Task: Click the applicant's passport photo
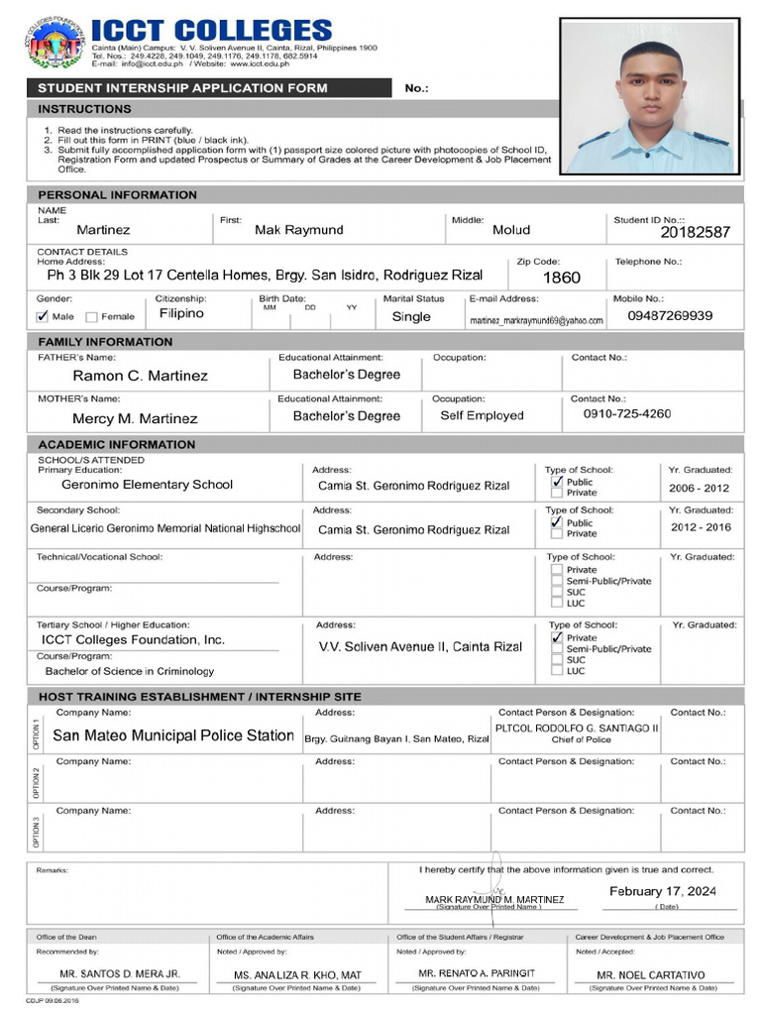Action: pyautogui.click(x=650, y=96)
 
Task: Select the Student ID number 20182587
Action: pyautogui.click(x=695, y=232)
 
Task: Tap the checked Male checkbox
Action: pyautogui.click(x=42, y=317)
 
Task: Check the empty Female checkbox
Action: pyautogui.click(x=91, y=317)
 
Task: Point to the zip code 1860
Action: pyautogui.click(x=562, y=278)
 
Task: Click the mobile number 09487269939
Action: pyautogui.click(x=670, y=315)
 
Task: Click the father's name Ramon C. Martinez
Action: pyautogui.click(x=140, y=376)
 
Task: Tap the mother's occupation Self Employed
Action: pyautogui.click(x=482, y=415)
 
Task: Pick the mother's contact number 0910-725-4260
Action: pyautogui.click(x=627, y=413)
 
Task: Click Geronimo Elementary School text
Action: pyautogui.click(x=147, y=485)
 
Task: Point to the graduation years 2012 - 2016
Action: pyautogui.click(x=701, y=527)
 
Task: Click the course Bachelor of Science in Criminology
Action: pyautogui.click(x=129, y=671)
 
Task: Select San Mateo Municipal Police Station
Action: pyautogui.click(x=172, y=735)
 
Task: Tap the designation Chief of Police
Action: pyautogui.click(x=581, y=739)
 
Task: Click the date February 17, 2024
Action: pyautogui.click(x=662, y=891)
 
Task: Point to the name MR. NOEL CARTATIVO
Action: pyautogui.click(x=650, y=975)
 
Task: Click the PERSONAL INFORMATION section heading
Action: pyautogui.click(x=117, y=195)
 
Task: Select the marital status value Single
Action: pyautogui.click(x=411, y=317)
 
